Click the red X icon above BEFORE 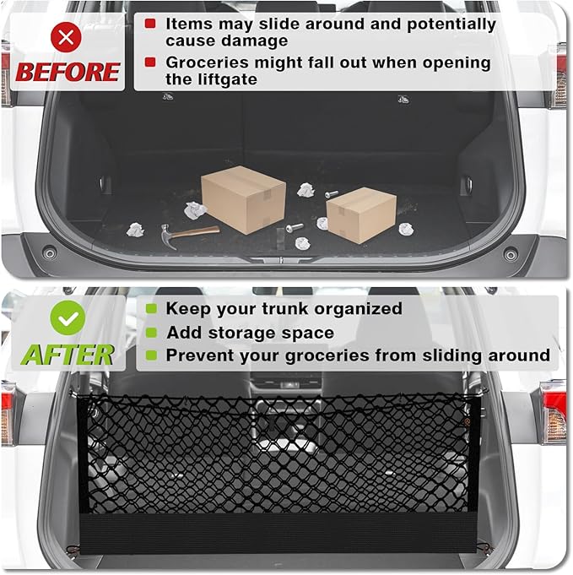(66, 36)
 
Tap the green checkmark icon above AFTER (68, 318)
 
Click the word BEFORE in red (68, 72)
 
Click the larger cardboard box (243, 199)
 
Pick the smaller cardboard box (361, 214)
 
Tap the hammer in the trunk (190, 235)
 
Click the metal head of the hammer (167, 236)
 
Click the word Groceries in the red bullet (207, 62)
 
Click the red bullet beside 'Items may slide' (150, 24)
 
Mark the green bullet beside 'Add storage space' (151, 333)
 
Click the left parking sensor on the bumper (50, 252)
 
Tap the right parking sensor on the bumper (511, 254)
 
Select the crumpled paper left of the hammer (135, 230)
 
